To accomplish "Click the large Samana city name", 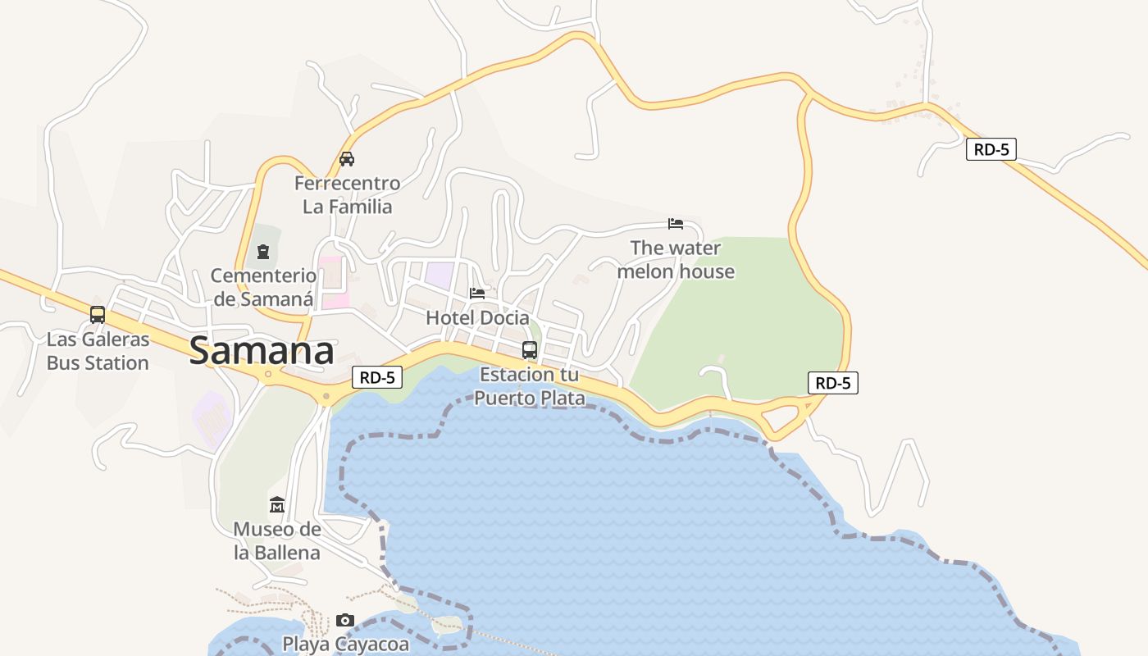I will pyautogui.click(x=262, y=351).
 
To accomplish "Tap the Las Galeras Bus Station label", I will pyautogui.click(x=98, y=351).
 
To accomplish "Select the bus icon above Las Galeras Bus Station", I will pyautogui.click(x=98, y=314).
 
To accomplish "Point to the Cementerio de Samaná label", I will pyautogui.click(x=263, y=287).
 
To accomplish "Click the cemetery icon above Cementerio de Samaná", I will pyautogui.click(x=263, y=251).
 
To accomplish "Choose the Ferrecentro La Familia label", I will pyautogui.click(x=348, y=194).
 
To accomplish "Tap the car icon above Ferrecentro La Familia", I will pyautogui.click(x=347, y=159).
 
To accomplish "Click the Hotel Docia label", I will pyautogui.click(x=477, y=317).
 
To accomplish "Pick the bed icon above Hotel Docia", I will pyautogui.click(x=477, y=293).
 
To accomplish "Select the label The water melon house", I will pyautogui.click(x=676, y=259).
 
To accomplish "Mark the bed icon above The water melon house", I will pyautogui.click(x=676, y=223).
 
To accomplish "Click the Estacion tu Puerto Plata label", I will pyautogui.click(x=530, y=386).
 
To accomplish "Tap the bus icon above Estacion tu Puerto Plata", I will pyautogui.click(x=530, y=350).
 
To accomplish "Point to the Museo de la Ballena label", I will pyautogui.click(x=277, y=540).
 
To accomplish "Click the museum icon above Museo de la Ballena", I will pyautogui.click(x=277, y=504).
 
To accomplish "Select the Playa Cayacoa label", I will pyautogui.click(x=345, y=644).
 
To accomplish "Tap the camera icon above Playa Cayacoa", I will pyautogui.click(x=345, y=620).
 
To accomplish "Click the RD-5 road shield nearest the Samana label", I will pyautogui.click(x=378, y=377).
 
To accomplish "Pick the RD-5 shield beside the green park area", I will pyautogui.click(x=833, y=383).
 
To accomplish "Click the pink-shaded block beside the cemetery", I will pyautogui.click(x=331, y=283).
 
